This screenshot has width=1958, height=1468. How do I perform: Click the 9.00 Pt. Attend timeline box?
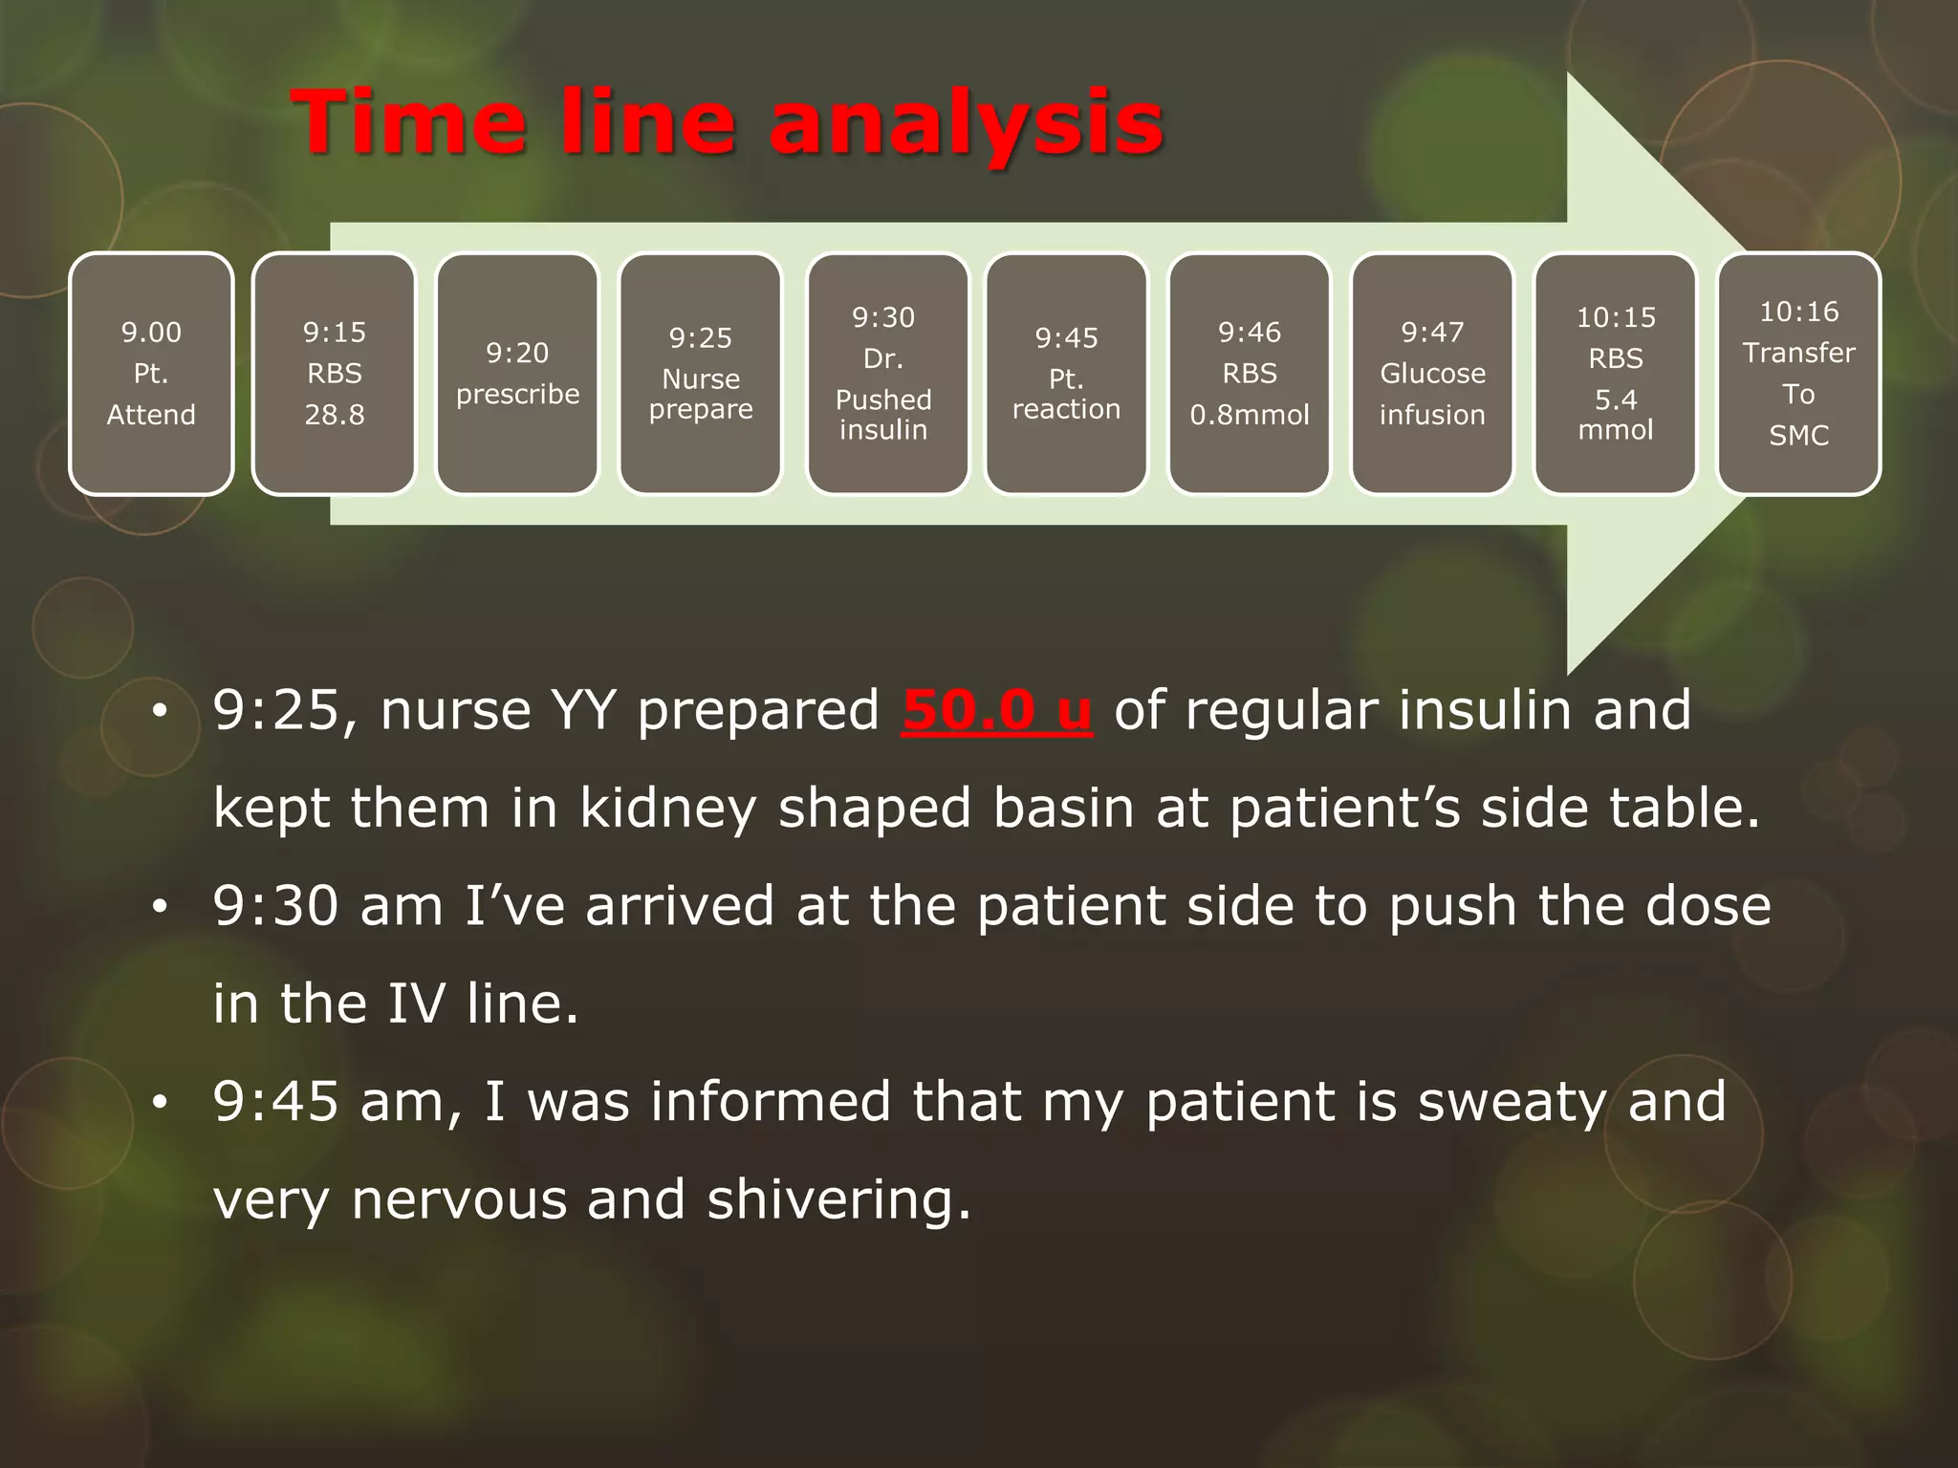(151, 374)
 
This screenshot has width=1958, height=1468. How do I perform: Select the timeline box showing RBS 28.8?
(335, 374)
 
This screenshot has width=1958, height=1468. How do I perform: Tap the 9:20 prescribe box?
(517, 374)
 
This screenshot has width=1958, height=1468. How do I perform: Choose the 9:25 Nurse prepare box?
(701, 374)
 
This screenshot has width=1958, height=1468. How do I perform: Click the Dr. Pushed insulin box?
(884, 374)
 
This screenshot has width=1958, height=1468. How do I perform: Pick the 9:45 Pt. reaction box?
(1066, 374)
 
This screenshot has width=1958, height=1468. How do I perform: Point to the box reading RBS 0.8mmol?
(1250, 374)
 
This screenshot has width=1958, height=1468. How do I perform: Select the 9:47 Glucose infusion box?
(1432, 374)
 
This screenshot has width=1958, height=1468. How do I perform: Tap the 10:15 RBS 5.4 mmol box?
(1616, 374)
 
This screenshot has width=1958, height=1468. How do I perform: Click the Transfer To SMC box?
(1798, 374)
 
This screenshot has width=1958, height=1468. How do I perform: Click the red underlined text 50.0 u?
(996, 711)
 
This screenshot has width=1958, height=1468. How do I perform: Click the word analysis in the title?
(966, 124)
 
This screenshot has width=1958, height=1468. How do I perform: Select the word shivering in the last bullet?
(838, 1200)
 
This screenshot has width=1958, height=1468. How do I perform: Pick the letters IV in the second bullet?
(417, 1004)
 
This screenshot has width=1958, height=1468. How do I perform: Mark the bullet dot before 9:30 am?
(160, 906)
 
